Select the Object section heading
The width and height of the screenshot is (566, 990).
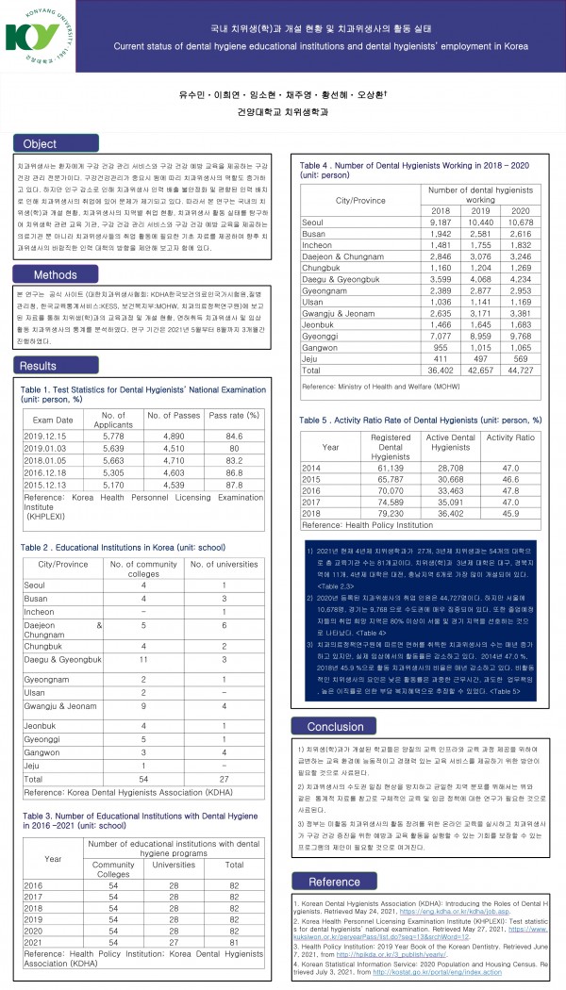click(40, 144)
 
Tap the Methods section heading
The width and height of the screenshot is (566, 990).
click(56, 275)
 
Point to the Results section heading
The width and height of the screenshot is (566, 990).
click(39, 366)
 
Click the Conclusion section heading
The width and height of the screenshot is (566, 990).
click(335, 726)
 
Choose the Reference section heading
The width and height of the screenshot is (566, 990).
click(334, 882)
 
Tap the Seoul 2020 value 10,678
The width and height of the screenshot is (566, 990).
click(520, 221)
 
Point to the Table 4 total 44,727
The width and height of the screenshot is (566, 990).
click(520, 371)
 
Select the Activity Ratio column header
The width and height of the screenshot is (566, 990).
click(510, 437)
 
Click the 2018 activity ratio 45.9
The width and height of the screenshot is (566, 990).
click(511, 513)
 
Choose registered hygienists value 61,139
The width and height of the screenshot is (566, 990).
click(391, 468)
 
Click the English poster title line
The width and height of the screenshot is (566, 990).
click(321, 46)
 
